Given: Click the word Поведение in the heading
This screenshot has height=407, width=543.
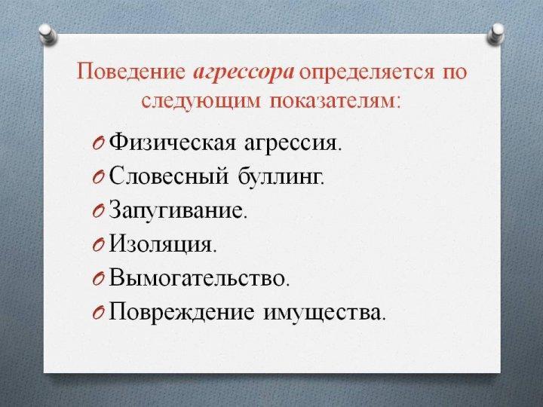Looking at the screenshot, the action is point(131,72).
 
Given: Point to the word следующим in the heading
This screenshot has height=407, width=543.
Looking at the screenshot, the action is point(201,103).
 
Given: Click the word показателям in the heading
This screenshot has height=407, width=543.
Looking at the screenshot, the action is point(334,101).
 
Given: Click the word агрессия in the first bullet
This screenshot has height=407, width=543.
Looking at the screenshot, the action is point(293,144).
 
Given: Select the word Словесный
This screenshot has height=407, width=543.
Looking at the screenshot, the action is point(169,176).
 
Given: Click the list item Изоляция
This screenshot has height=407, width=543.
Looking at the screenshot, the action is point(162,244).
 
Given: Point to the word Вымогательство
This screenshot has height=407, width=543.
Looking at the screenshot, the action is point(199,277).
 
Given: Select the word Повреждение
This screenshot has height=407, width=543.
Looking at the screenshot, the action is point(182,312).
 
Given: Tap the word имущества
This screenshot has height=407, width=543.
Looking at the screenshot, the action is point(324,313).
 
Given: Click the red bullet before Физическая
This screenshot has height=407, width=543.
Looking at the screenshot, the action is point(98,143).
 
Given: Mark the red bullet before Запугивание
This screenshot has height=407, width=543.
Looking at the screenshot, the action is point(98,211).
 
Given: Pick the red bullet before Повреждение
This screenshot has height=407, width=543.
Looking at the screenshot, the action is point(98,313).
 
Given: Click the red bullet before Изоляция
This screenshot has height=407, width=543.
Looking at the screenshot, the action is point(98,245).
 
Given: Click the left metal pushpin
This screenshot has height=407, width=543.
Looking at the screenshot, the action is point(48,34).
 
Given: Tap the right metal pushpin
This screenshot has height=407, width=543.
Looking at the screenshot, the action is point(496,34).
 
